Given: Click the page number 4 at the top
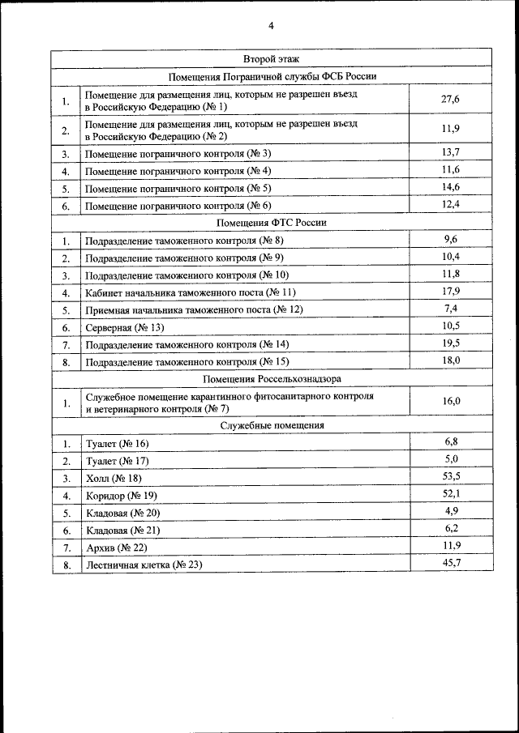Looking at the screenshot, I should pyautogui.click(x=272, y=26).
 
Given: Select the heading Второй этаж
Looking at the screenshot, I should pyautogui.click(x=272, y=59).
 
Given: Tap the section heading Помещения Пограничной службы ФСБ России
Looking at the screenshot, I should pyautogui.click(x=272, y=77).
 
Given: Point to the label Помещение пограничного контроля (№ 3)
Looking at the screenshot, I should pyautogui.click(x=178, y=153).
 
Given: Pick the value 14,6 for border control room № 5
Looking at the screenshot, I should pyautogui.click(x=451, y=186).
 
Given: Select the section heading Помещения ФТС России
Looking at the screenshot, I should pyautogui.click(x=272, y=223).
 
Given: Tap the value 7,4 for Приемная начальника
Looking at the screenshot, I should pyautogui.click(x=452, y=308).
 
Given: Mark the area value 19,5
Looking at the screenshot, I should pyautogui.click(x=451, y=343).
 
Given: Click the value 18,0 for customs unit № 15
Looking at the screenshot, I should pyautogui.click(x=451, y=360).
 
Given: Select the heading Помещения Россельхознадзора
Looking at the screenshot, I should pyautogui.click(x=272, y=379).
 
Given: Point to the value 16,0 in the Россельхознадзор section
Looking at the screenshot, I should pyautogui.click(x=451, y=401).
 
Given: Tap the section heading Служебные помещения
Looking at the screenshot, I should pyautogui.click(x=272, y=424).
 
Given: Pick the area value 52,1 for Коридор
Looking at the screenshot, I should pyautogui.click(x=451, y=493).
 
